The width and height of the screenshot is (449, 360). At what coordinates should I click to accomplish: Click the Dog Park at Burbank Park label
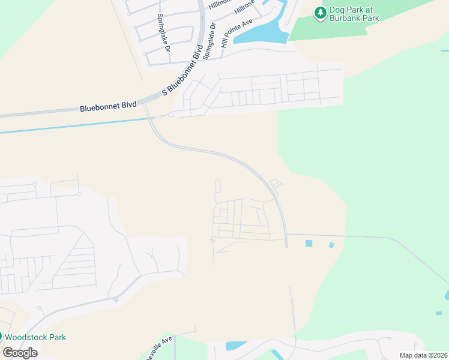(355, 14)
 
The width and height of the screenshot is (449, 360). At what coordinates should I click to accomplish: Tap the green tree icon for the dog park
(321, 11)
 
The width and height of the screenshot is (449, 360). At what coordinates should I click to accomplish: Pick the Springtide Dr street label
(209, 38)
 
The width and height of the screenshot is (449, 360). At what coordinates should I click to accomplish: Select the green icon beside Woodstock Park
(1, 337)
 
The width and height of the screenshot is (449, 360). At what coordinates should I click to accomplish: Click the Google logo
(20, 352)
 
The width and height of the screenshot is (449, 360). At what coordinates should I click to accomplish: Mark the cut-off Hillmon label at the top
(219, 4)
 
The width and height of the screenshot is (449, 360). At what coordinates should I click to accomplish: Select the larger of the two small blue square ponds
(309, 243)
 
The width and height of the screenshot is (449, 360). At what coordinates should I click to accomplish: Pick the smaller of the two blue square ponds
(331, 245)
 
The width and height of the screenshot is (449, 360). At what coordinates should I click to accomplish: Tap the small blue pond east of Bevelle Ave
(235, 346)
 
